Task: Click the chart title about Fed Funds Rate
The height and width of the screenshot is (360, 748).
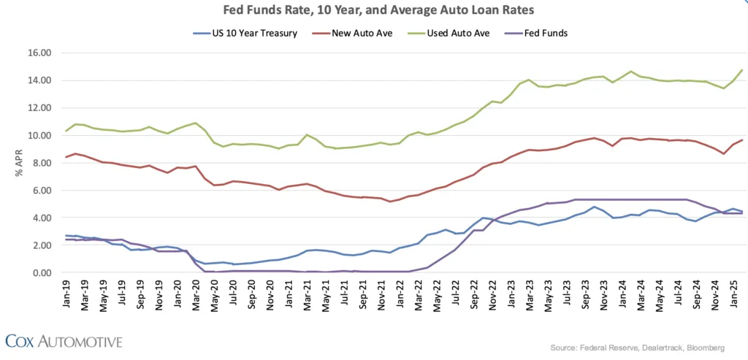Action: pos(373,10)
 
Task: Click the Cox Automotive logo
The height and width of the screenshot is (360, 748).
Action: pos(64,340)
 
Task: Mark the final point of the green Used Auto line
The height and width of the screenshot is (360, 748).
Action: pos(742,70)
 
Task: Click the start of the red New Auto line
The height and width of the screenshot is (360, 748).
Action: pos(66,157)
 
